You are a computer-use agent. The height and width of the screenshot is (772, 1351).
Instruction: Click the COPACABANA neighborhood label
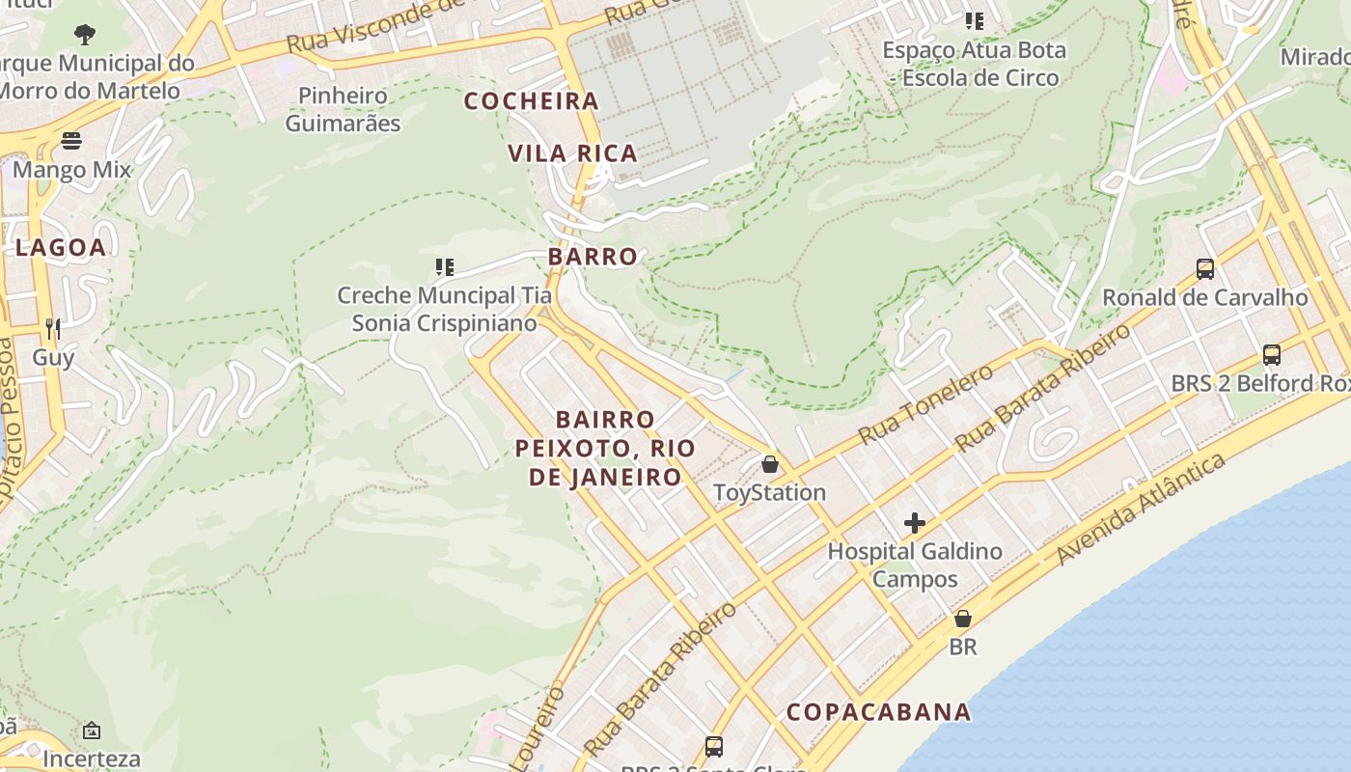click(878, 712)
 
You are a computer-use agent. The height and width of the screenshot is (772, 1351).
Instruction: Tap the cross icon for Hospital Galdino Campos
click(914, 524)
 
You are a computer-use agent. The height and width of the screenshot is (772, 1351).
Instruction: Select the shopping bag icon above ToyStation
click(769, 464)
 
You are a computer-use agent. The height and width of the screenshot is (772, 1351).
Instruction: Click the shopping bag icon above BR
click(962, 619)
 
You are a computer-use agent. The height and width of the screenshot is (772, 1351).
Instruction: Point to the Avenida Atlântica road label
click(1141, 509)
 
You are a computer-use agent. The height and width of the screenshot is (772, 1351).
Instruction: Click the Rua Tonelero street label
click(924, 404)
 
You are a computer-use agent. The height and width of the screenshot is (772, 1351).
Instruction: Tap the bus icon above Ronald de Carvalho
click(1204, 269)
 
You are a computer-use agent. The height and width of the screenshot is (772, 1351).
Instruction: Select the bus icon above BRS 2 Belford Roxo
click(1271, 355)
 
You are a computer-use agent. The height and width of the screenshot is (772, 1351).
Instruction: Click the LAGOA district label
click(61, 247)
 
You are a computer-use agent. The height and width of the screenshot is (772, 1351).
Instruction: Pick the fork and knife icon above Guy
click(53, 329)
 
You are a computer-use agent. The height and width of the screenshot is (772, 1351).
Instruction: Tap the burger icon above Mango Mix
click(71, 141)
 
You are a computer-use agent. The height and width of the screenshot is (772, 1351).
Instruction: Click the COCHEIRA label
click(532, 100)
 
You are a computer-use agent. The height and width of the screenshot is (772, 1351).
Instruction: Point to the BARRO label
click(593, 257)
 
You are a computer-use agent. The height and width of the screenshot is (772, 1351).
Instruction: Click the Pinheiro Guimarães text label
click(343, 109)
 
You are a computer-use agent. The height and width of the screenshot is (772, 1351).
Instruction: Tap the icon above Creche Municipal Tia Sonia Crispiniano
click(444, 266)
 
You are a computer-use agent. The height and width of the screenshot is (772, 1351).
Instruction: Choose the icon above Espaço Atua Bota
click(975, 20)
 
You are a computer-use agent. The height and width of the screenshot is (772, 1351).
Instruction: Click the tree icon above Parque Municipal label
click(85, 35)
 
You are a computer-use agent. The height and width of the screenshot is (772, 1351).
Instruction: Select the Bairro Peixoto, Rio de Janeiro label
click(605, 448)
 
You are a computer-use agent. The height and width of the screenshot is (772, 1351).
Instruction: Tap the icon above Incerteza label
click(92, 731)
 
